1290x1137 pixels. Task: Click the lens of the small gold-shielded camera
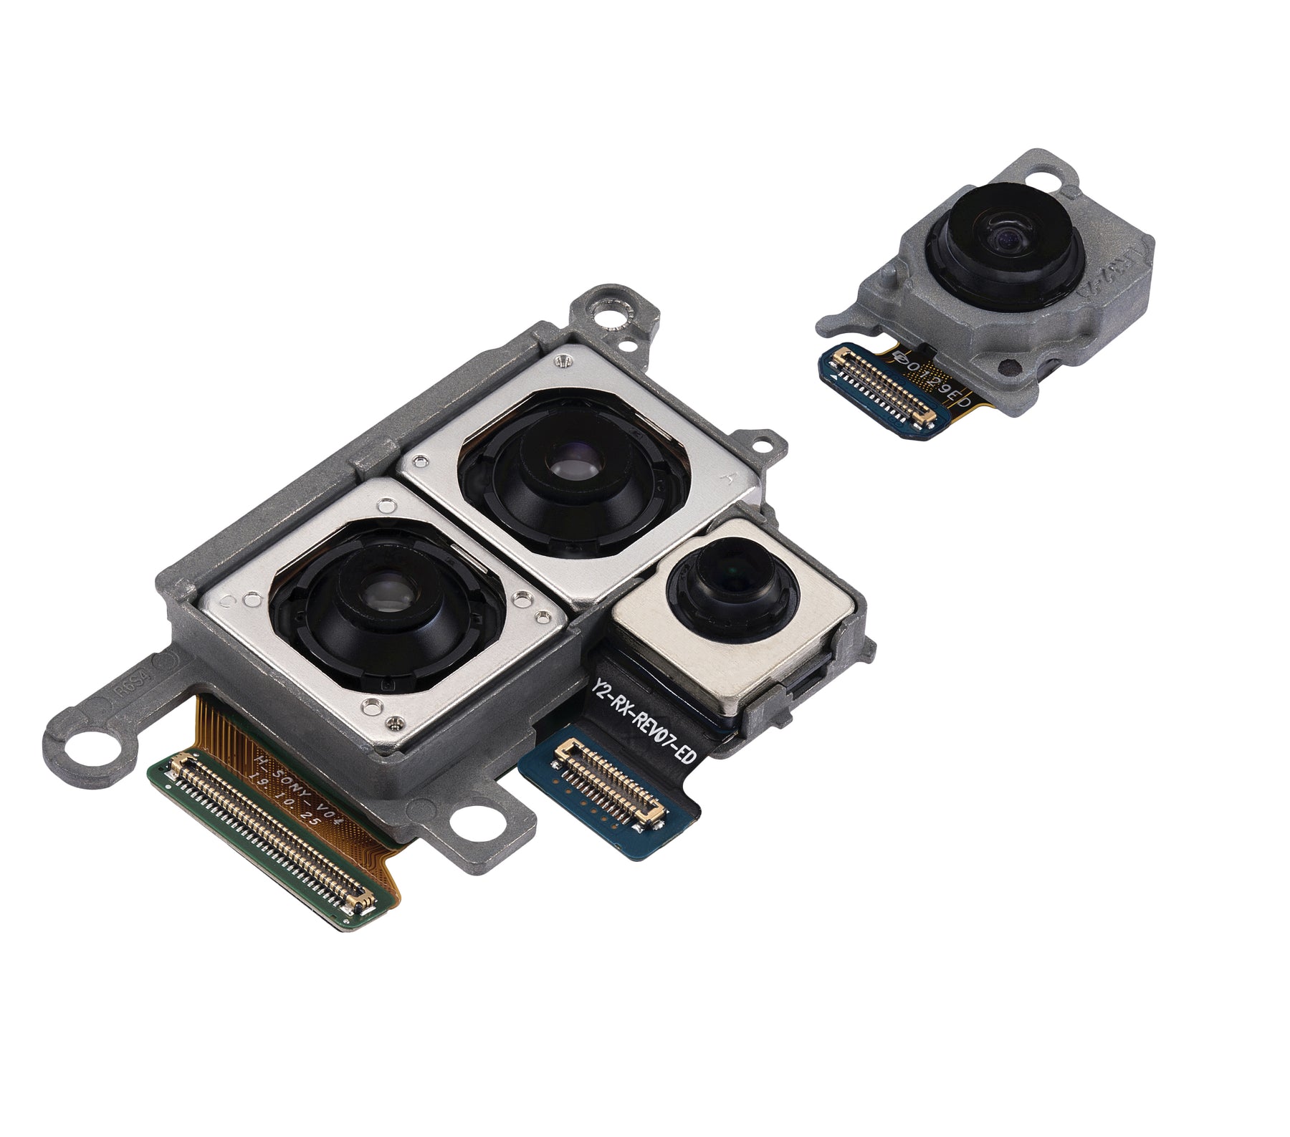tap(731, 575)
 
